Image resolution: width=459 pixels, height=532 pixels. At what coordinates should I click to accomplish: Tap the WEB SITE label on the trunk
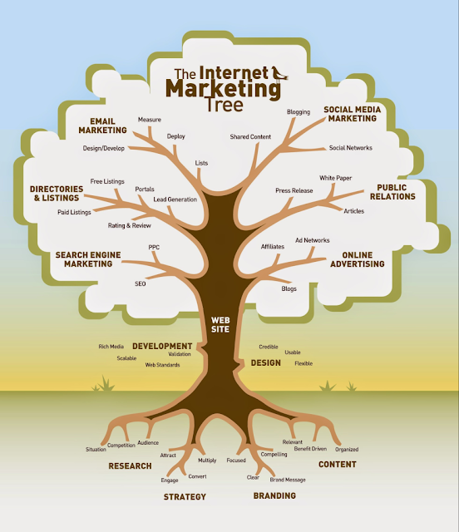[x=220, y=323]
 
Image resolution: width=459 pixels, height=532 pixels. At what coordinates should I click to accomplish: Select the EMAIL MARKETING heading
[x=103, y=126]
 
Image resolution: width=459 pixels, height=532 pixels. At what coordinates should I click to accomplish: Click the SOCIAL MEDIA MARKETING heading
[x=350, y=113]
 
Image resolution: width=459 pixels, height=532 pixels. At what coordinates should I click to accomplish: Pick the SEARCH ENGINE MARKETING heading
[x=84, y=259]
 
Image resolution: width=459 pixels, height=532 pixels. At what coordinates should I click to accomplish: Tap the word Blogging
[x=299, y=111]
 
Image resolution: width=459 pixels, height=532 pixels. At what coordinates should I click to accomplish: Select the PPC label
[x=154, y=247]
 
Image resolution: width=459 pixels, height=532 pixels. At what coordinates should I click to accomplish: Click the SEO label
[x=141, y=283]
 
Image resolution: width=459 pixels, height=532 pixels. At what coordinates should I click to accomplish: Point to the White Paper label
[x=336, y=178]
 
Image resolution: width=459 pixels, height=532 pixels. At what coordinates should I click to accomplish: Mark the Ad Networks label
[x=313, y=240]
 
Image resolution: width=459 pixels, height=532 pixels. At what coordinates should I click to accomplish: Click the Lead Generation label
[x=175, y=199]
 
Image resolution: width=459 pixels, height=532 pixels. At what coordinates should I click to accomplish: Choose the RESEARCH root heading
[x=130, y=466]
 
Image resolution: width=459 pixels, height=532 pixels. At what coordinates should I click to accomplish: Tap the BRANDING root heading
[x=274, y=495]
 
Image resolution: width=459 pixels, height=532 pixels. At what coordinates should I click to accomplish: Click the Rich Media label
[x=111, y=346]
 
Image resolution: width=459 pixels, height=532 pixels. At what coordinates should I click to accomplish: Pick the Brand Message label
[x=288, y=480]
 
